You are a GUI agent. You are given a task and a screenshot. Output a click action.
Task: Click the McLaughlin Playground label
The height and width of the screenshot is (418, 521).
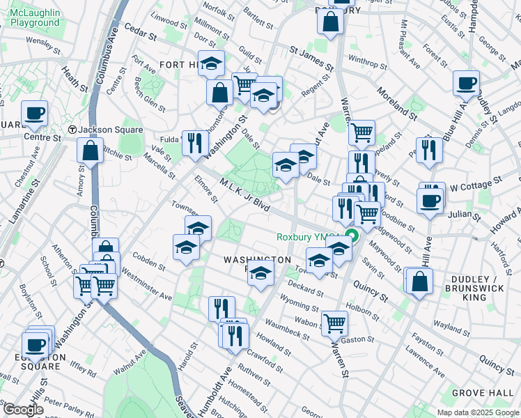click(35, 17)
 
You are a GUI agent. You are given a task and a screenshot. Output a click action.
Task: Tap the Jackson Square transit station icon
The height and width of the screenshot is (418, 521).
click(72, 130)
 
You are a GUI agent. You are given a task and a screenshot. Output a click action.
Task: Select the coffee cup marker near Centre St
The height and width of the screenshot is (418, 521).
click(34, 113)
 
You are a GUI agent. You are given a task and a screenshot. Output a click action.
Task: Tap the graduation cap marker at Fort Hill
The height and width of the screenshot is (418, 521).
click(211, 65)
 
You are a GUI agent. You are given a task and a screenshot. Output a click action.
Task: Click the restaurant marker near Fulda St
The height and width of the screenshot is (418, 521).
click(195, 144)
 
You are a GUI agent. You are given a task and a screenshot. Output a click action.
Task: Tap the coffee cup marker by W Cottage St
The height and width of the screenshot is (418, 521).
click(431, 201)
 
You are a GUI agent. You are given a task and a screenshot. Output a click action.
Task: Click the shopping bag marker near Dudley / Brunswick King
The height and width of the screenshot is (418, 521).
click(420, 281)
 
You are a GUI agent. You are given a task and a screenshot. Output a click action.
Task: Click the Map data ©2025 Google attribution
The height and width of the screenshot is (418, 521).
click(477, 412)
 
